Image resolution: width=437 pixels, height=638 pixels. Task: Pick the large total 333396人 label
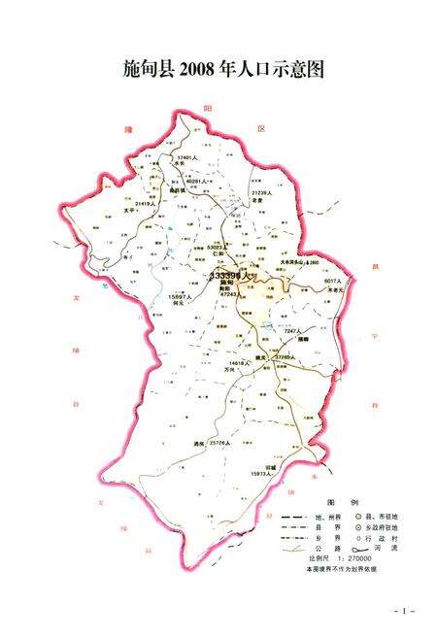tap(230, 275)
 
